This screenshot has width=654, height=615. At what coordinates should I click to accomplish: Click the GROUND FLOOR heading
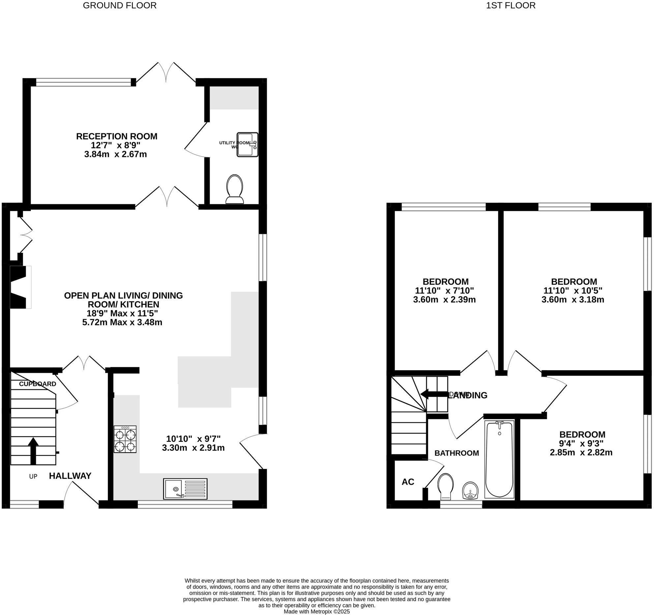[x=120, y=6]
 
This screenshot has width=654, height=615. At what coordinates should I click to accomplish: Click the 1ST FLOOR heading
[x=511, y=6]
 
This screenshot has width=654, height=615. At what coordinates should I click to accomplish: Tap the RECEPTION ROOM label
[x=117, y=136]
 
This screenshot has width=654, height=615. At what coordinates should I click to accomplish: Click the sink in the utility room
[x=247, y=145]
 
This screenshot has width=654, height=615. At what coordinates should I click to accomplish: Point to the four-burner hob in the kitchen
[x=125, y=439]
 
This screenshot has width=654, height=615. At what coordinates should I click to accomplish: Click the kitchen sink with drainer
[x=185, y=489]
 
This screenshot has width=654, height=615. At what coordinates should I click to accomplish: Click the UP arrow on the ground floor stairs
[x=33, y=451]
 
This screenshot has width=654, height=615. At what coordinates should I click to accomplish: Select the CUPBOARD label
[x=38, y=384]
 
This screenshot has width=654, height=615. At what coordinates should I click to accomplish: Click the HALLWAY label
[x=70, y=476]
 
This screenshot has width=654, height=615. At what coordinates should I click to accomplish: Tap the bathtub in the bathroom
[x=499, y=459]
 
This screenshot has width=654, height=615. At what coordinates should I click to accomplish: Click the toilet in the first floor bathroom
[x=446, y=487]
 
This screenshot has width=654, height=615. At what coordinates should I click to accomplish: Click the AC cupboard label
[x=408, y=482]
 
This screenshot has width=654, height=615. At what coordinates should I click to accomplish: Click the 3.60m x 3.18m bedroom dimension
[x=573, y=300]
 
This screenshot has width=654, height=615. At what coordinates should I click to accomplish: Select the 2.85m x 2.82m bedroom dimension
[x=581, y=452]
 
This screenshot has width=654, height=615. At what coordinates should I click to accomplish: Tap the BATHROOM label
[x=457, y=453]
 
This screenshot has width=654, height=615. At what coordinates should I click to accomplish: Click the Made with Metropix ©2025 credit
[x=317, y=611]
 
